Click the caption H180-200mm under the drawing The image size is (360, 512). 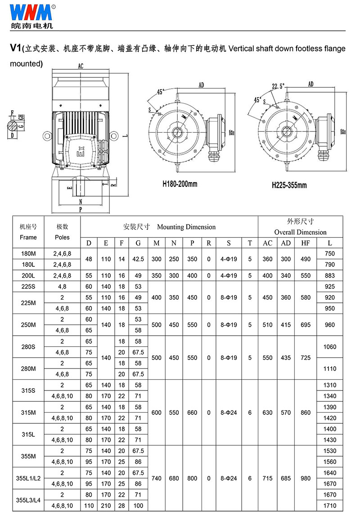[180, 184]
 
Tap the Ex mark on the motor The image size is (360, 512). [81, 151]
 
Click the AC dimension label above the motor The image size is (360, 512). [81, 66]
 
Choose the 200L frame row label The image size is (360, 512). [28, 275]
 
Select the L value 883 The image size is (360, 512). [330, 275]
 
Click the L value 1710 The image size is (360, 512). [330, 506]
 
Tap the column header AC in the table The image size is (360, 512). [268, 243]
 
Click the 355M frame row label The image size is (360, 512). [28, 456]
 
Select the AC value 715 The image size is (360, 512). [268, 478]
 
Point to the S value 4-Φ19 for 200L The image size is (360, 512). [229, 275]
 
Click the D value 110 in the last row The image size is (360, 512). [89, 506]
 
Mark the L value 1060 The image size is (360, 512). [330, 347]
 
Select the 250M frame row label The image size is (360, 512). [28, 325]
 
